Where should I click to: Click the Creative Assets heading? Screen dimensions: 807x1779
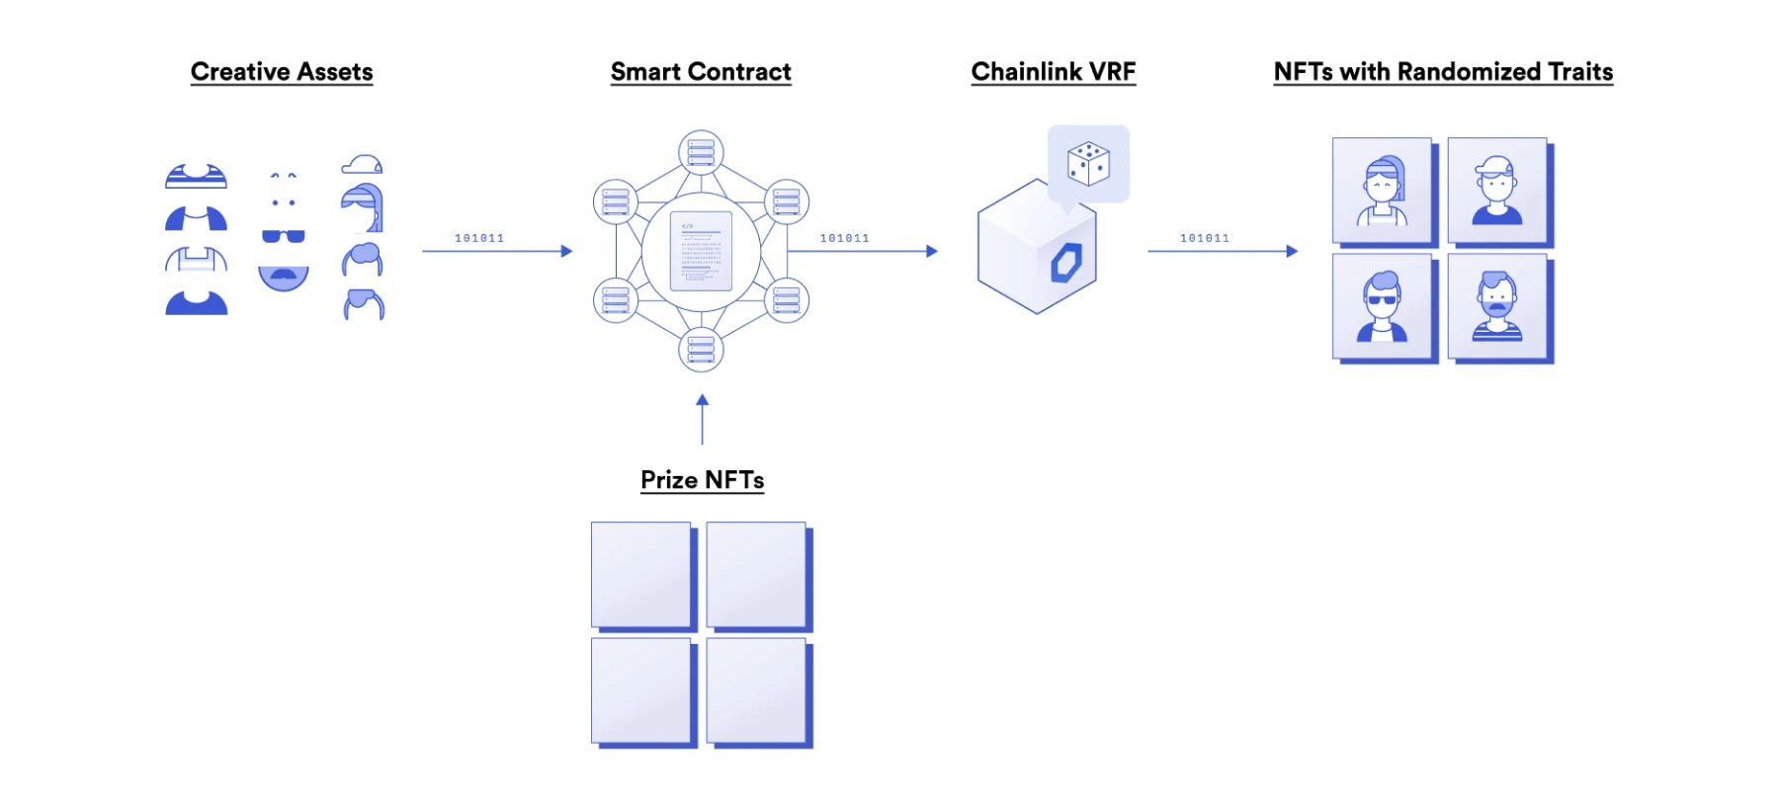pos(282,72)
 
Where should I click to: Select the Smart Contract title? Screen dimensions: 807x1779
pos(701,72)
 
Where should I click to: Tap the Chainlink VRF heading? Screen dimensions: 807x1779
pos(1054,72)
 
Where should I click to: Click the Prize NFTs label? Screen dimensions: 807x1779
pos(702,480)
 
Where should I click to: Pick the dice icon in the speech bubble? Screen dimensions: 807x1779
pos(1088,163)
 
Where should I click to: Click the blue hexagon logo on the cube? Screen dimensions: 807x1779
pos(1065,263)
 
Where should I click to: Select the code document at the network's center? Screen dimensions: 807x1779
pos(701,251)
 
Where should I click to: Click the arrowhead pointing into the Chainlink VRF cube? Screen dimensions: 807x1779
pos(931,251)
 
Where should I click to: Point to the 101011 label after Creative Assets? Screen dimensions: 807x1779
pos(479,238)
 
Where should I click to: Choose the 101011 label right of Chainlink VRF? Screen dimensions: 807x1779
pos(1205,238)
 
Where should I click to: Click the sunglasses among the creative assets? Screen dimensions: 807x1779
pos(284,236)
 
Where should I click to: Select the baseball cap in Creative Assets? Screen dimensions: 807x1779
pos(362,164)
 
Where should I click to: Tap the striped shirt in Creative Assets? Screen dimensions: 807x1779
pos(196,177)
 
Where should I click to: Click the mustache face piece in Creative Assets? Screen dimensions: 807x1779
pos(284,277)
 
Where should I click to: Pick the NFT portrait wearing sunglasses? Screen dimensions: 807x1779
pos(1382,307)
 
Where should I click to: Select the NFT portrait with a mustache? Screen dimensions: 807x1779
pos(1497,307)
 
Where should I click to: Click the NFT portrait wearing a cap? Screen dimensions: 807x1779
pos(1497,191)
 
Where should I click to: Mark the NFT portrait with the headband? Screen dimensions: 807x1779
pos(1382,191)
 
